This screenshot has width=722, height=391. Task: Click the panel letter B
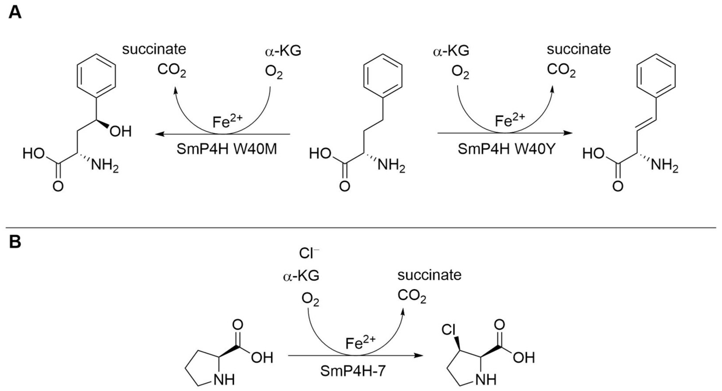(15, 242)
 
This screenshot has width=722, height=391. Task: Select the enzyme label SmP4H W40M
(226, 149)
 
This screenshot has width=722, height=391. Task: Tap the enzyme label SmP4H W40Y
(506, 149)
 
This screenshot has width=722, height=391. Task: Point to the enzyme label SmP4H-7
(353, 371)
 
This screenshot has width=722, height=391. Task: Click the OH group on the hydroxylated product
(121, 132)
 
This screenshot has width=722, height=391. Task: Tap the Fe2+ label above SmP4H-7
(360, 343)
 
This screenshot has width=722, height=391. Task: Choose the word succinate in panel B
(429, 275)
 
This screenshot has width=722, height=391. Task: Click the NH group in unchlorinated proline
(224, 380)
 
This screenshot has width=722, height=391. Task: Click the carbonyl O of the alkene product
(618, 186)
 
